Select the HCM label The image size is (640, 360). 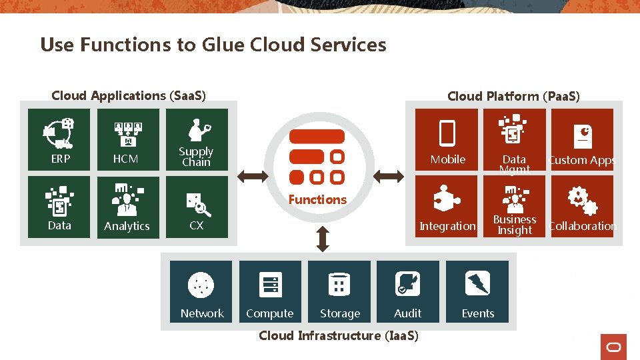[125, 159]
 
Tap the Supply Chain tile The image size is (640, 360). [197, 141]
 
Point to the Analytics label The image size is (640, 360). [127, 226]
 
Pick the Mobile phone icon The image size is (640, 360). [447, 133]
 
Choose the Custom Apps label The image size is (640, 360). [582, 160]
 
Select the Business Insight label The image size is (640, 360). [515, 225]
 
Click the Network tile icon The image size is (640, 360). [201, 285]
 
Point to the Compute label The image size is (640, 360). [269, 313]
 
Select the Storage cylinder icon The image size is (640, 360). [339, 285]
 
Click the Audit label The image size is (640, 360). [407, 313]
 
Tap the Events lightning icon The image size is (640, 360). [478, 284]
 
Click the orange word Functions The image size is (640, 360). [317, 199]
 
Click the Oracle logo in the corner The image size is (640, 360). [613, 347]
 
